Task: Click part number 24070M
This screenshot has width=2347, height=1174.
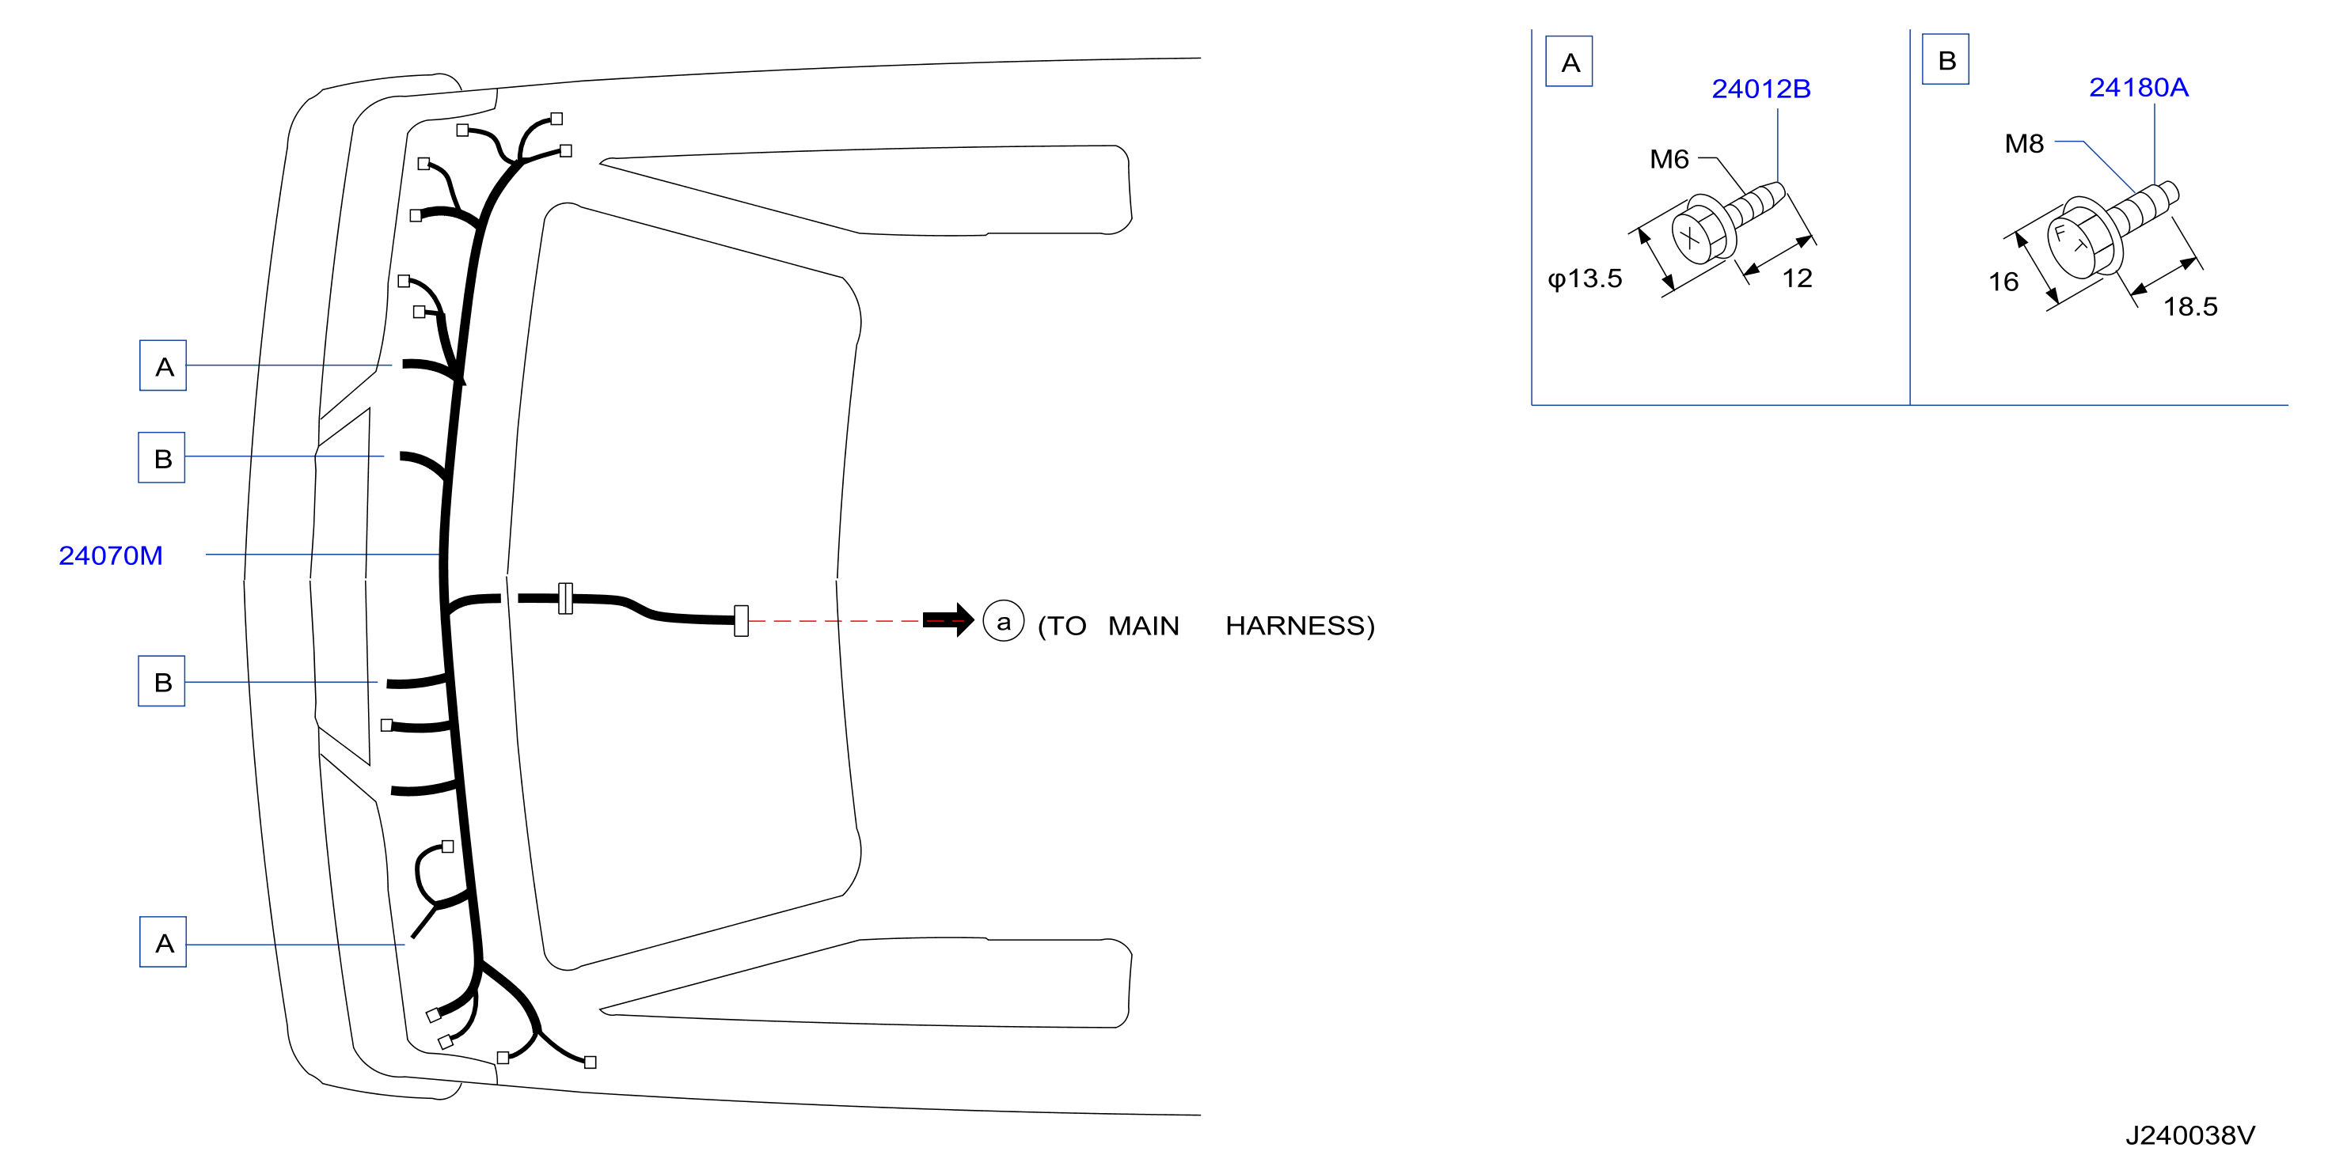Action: (x=110, y=555)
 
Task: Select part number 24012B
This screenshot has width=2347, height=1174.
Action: (x=1760, y=89)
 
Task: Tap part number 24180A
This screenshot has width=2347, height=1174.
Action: (x=2137, y=88)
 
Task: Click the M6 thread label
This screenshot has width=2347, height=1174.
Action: (x=1669, y=159)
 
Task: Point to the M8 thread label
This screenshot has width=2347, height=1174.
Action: (x=2023, y=143)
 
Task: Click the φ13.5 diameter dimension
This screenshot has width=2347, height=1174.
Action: (x=1585, y=278)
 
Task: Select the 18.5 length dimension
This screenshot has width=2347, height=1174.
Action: (x=2190, y=307)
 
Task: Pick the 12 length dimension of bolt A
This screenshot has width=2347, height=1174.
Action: (x=1797, y=278)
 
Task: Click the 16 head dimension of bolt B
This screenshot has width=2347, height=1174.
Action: (x=2003, y=282)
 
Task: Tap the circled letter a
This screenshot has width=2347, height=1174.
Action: (x=1003, y=621)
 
